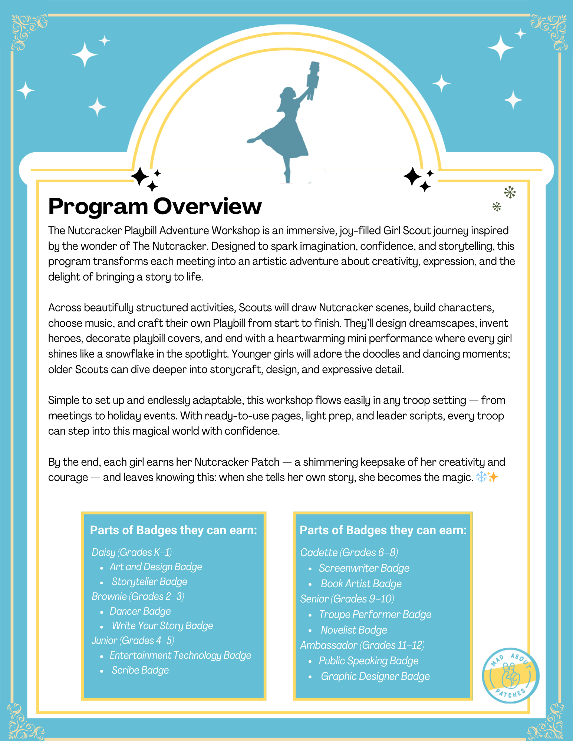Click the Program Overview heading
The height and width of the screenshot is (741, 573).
pos(155,206)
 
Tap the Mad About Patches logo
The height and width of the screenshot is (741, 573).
pos(511,675)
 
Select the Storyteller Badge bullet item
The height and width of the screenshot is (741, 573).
pos(149,582)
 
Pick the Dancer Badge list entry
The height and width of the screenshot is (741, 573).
pos(140,611)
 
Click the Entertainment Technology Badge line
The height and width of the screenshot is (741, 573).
pos(180,655)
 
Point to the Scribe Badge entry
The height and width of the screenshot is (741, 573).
pos(140,670)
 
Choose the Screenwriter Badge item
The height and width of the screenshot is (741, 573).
pos(364,568)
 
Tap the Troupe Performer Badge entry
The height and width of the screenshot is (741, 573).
pos(375,615)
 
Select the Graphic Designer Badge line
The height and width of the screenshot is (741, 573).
pos(375,677)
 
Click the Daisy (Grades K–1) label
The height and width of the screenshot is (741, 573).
pos(132,552)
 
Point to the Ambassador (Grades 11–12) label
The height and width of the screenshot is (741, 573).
pos(362,645)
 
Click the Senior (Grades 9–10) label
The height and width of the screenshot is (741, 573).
pos(347,599)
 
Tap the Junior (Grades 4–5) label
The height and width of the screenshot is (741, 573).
pos(133,641)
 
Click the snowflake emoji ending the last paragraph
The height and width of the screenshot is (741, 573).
pos(481,477)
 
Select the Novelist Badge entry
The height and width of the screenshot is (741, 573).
pos(354,630)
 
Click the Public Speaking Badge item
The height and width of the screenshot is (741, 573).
pos(368,661)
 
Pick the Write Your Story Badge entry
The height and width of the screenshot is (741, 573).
pos(162,626)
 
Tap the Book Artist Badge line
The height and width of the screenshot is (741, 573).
pos(361,584)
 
